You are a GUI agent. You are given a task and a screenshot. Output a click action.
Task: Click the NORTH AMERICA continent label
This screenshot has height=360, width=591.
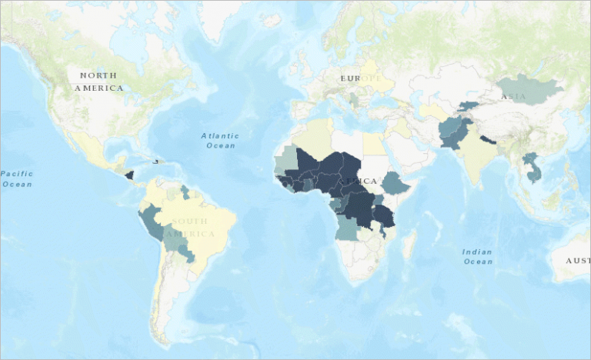(98, 82)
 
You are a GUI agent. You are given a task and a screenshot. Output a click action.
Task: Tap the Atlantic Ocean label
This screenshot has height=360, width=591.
(220, 140)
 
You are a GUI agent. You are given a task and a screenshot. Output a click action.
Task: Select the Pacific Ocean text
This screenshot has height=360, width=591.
(16, 178)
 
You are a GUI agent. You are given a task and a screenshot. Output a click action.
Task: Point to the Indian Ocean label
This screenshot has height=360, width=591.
(477, 257)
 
